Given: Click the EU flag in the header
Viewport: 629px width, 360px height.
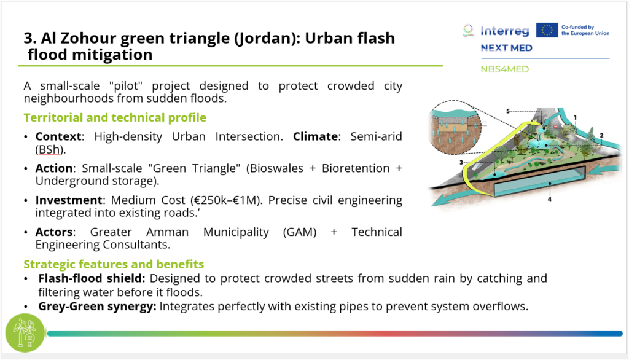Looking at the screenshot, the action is tap(547, 30).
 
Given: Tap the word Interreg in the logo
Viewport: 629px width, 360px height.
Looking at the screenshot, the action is tap(505, 31).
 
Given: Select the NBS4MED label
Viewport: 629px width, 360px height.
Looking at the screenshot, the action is tap(505, 69).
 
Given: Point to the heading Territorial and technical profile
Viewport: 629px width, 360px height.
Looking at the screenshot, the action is tap(115, 117).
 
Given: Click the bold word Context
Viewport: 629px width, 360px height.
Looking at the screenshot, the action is tap(58, 136).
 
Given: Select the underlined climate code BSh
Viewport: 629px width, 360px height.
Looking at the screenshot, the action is tap(49, 149).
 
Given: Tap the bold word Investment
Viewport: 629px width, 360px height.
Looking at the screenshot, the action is tap(69, 200).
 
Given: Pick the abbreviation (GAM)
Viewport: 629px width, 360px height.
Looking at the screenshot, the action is tap(300, 232).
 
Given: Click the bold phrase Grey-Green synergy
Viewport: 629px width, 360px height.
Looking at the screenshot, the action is tap(97, 307).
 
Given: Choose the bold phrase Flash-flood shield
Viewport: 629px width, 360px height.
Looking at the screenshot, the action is tap(92, 278).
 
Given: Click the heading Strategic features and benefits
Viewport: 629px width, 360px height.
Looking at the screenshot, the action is tap(114, 264).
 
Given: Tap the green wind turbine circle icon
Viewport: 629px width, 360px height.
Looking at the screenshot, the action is tap(25, 333).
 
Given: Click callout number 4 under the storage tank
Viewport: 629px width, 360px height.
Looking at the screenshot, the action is tap(550, 199).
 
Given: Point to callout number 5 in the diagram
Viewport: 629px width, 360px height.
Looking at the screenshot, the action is tap(508, 111).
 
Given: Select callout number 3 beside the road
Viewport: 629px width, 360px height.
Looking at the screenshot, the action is tap(461, 162).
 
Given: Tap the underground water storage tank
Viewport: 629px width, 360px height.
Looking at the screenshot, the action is tap(540, 182).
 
